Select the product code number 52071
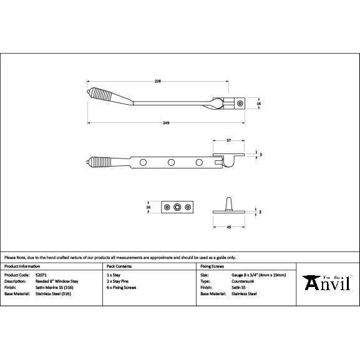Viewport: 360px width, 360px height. click(x=42, y=275)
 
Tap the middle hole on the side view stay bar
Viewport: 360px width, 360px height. click(x=170, y=163)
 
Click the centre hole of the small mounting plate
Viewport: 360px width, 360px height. click(x=178, y=207)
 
